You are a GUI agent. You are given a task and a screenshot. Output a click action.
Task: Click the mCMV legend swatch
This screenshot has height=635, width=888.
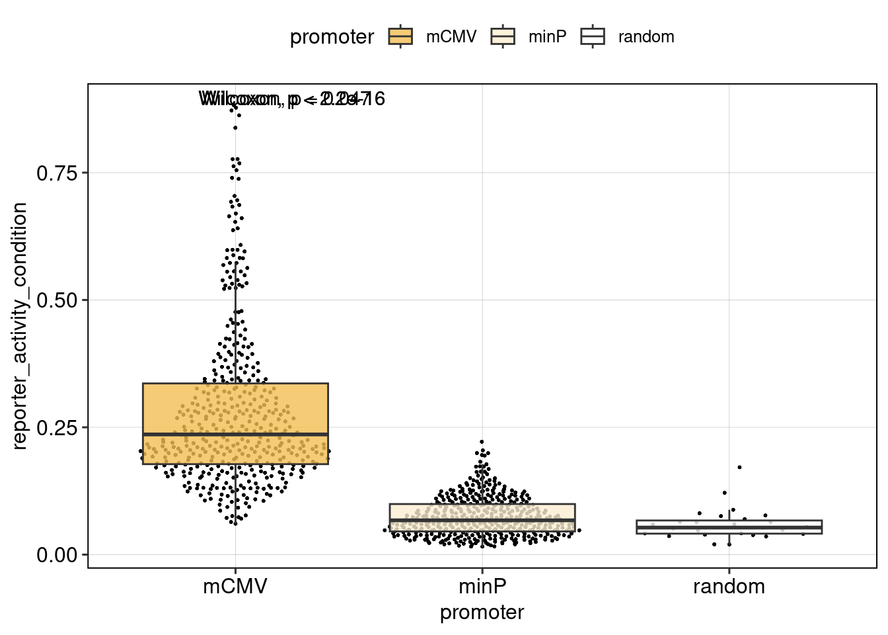400,36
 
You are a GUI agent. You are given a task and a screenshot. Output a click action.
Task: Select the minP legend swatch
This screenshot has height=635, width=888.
503,36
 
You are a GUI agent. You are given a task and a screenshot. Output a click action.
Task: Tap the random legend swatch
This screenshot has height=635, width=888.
593,36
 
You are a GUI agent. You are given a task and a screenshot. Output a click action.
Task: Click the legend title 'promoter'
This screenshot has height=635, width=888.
332,37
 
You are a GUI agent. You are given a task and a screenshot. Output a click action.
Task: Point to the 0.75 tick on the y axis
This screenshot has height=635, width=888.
57,173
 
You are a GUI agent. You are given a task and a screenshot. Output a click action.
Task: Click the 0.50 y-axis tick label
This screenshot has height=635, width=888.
57,300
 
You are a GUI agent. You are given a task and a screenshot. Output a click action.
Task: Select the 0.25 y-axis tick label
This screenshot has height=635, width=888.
57,428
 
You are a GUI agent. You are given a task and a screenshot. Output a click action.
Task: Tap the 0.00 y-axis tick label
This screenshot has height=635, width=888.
57,555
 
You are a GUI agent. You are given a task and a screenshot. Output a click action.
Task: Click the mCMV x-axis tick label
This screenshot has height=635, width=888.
235,586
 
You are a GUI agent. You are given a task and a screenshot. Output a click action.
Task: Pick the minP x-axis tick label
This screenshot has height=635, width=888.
482,586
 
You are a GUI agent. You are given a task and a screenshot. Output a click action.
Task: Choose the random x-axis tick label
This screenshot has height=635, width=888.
729,586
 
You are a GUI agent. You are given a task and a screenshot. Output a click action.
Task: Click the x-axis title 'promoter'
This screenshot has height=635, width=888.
482,613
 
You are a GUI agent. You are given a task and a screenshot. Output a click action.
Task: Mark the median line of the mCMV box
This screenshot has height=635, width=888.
235,434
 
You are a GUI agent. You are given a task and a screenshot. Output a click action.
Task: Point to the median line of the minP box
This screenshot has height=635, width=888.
482,521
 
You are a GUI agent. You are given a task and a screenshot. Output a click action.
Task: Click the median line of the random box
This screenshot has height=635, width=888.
729,527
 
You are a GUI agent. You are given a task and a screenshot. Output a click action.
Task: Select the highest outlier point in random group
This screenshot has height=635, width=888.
739,467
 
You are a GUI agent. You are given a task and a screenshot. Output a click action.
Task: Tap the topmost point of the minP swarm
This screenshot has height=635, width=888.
482,442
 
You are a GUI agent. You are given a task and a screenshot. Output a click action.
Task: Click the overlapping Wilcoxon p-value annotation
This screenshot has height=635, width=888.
291,99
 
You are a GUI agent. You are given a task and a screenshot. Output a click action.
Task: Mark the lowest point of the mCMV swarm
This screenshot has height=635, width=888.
235,523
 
